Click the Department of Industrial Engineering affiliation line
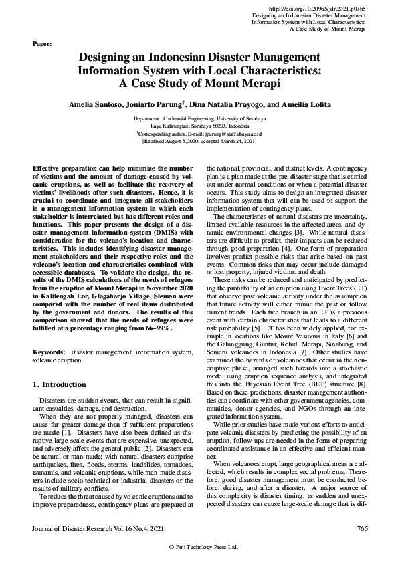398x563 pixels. tap(199, 118)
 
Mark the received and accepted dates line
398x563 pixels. tap(199, 142)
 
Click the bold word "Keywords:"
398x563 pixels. tap(48, 350)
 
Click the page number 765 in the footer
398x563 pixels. tap(363, 529)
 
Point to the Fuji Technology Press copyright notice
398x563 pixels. tap(199, 547)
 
